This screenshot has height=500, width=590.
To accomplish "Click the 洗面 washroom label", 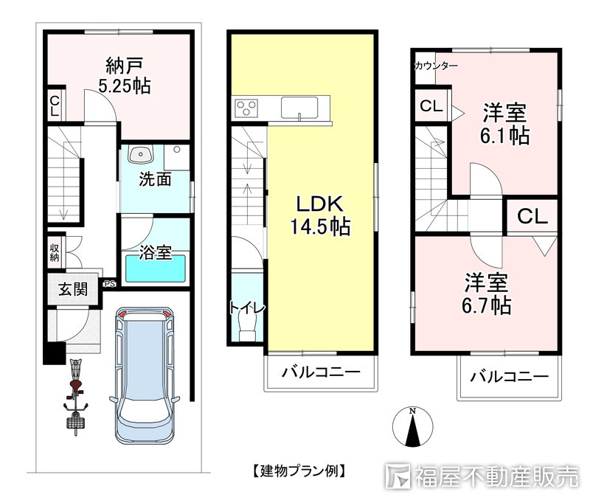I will tap(155, 178).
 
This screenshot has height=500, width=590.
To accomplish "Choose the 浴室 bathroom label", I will tap(155, 253).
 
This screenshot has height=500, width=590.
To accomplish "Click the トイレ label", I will tap(247, 308).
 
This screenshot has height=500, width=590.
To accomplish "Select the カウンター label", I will tap(435, 66).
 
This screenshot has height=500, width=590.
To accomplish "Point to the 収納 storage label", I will tap(55, 252).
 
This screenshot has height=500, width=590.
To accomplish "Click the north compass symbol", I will tap(414, 428).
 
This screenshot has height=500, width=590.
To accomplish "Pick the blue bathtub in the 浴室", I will tap(155, 269).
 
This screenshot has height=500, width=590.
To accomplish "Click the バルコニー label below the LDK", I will tap(320, 373).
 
